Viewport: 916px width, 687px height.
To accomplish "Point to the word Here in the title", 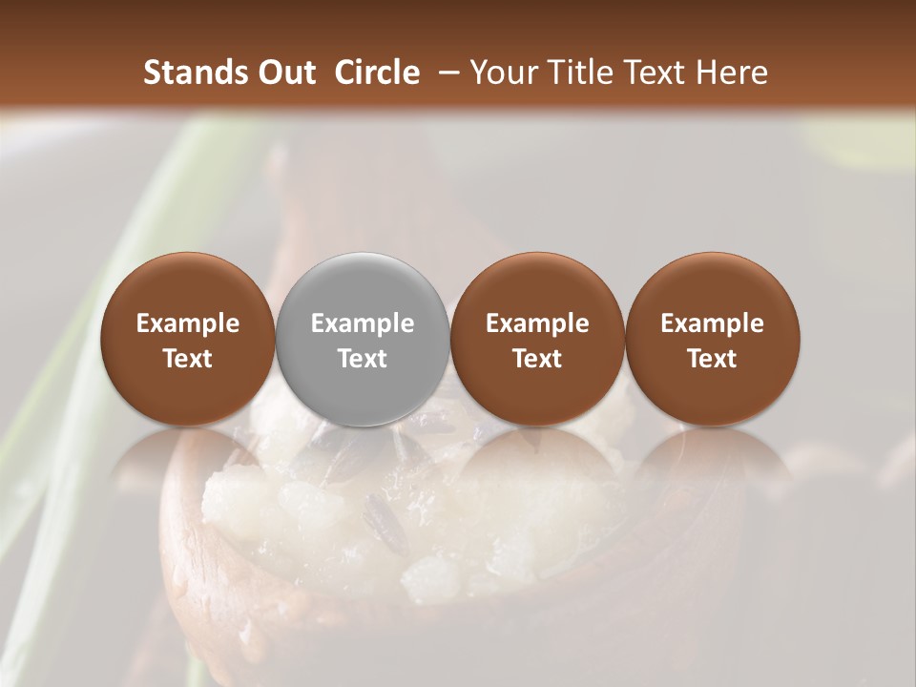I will pyautogui.click(x=733, y=73).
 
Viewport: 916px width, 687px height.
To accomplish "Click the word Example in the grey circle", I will pyautogui.click(x=363, y=323).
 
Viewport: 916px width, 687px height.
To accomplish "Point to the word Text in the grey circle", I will pyautogui.click(x=363, y=359).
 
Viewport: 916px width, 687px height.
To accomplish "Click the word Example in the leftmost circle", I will pyautogui.click(x=188, y=323).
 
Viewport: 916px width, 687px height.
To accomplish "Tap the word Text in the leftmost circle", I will pyautogui.click(x=188, y=359).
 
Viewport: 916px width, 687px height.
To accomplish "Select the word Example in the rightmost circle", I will pyautogui.click(x=712, y=323).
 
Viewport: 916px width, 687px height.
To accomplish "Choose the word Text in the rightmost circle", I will pyautogui.click(x=712, y=359).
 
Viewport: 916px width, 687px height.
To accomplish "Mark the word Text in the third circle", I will pyautogui.click(x=537, y=359).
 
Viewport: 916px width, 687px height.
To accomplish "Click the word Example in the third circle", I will pyautogui.click(x=537, y=323).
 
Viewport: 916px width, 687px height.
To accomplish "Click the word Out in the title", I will pyautogui.click(x=288, y=73).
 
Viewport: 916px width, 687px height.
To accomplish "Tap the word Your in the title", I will pyautogui.click(x=499, y=73).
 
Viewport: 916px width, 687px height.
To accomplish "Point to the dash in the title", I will pyautogui.click(x=445, y=73).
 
